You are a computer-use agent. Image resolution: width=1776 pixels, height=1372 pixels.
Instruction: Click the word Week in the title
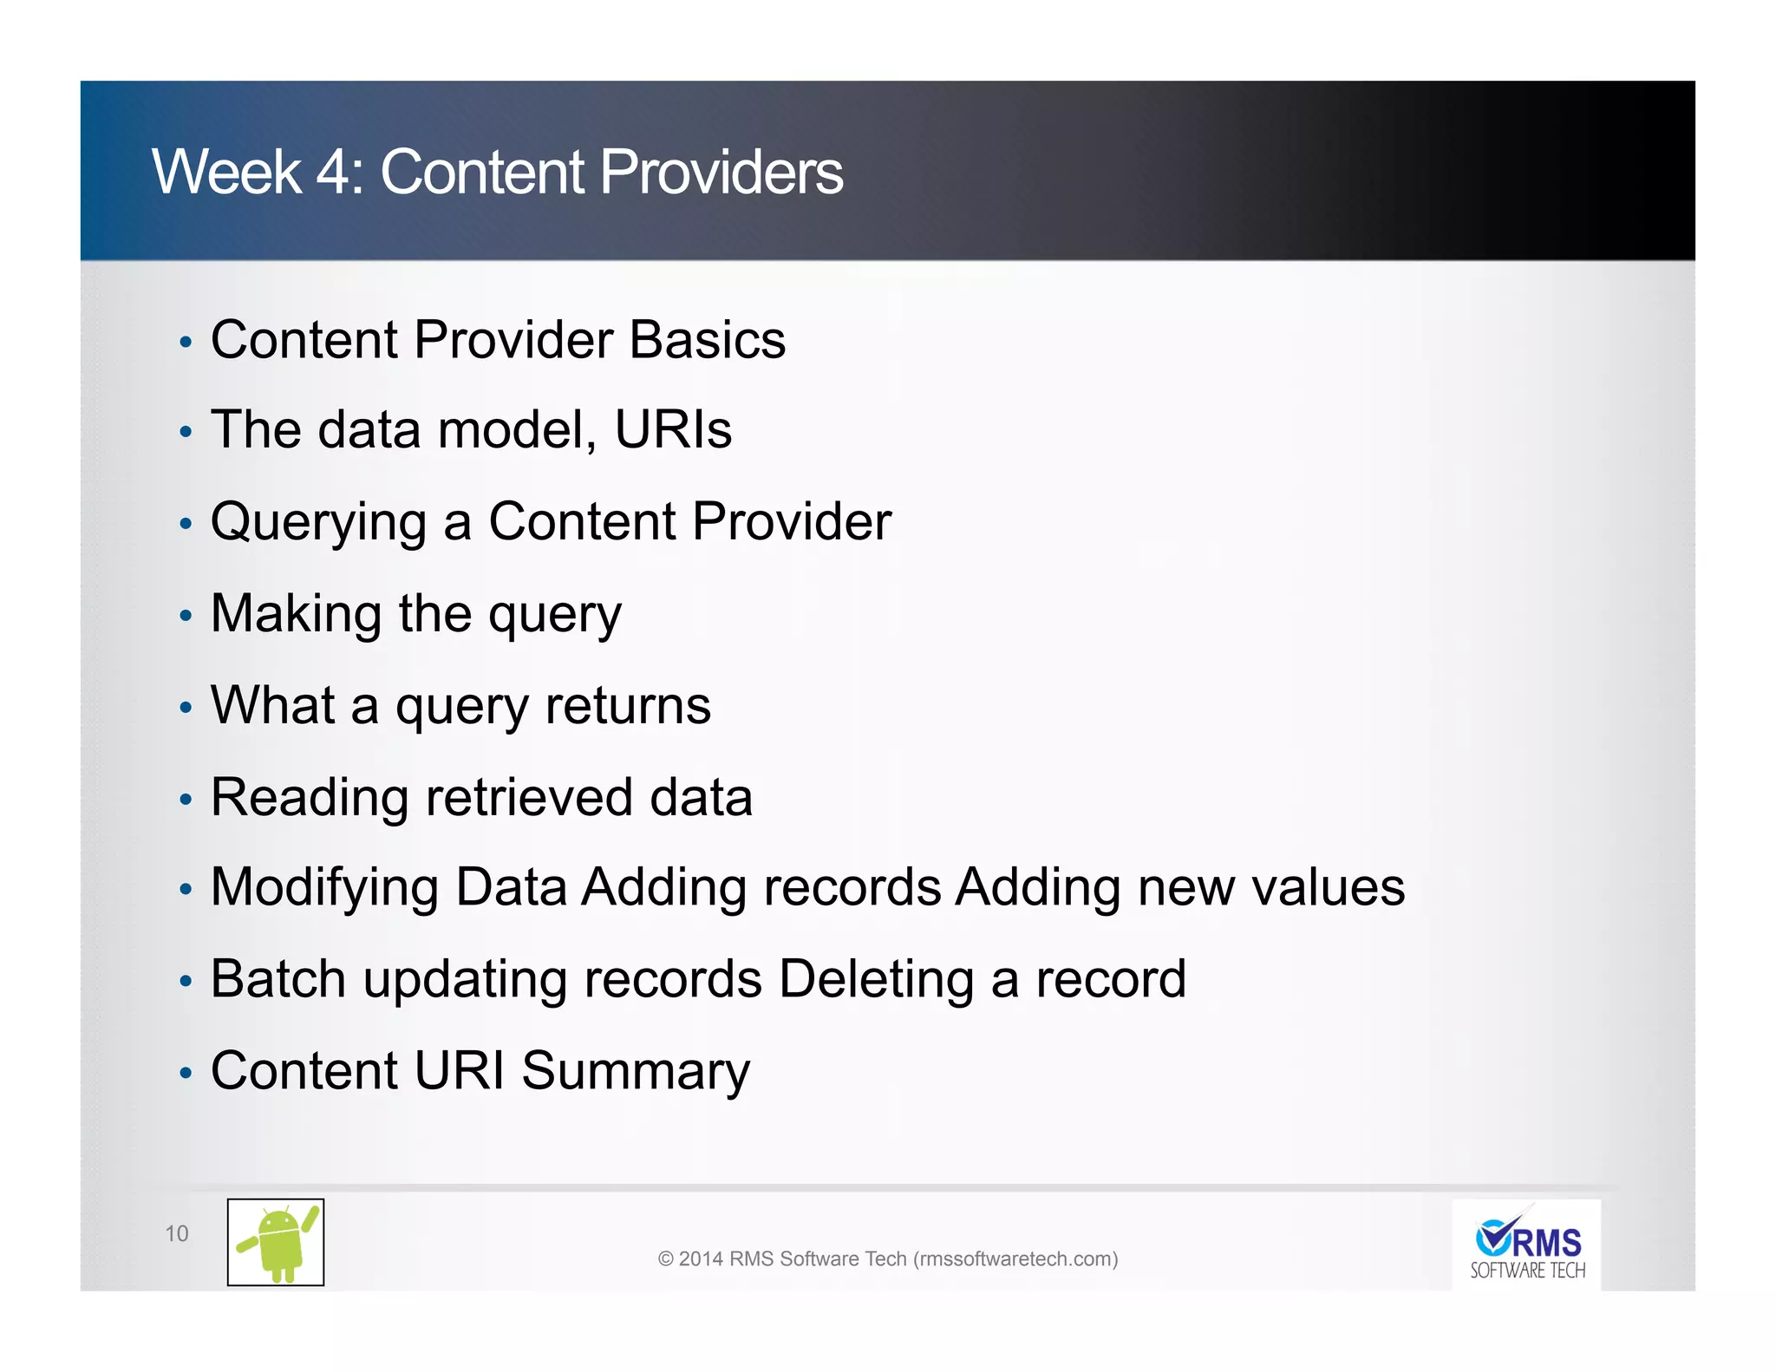coord(226,172)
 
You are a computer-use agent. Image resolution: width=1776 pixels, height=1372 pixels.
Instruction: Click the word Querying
coord(318,523)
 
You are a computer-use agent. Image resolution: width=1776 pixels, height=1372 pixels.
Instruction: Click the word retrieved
coord(529,797)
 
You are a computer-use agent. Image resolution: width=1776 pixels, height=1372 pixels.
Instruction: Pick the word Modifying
coord(324,889)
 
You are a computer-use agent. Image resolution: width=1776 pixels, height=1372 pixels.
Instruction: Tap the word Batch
coord(278,979)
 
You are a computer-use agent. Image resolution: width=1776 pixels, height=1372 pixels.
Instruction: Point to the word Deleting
coord(876,980)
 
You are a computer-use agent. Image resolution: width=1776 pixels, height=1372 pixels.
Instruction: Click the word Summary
coord(635,1072)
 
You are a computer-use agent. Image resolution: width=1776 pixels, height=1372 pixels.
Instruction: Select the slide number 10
coord(176,1233)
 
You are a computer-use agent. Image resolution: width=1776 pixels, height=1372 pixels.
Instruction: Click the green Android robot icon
coord(276,1242)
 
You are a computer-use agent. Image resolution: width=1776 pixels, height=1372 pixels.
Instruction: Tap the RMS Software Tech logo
coord(1526,1245)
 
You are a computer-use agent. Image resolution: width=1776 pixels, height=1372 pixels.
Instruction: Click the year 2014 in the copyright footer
coord(701,1258)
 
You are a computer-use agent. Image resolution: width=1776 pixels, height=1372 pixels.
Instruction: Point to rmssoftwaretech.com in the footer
coord(1015,1258)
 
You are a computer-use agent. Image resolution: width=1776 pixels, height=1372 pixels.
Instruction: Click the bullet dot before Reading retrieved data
coord(185,799)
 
